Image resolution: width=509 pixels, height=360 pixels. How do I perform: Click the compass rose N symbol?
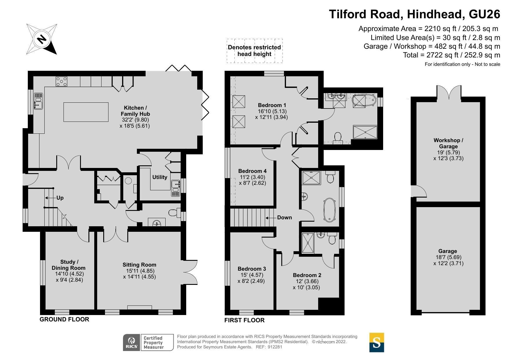(x=41, y=39)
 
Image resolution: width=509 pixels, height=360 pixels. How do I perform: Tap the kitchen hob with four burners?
(x=61, y=81)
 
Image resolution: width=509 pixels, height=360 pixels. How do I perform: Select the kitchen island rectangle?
(x=86, y=112)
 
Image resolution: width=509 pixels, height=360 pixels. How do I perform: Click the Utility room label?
(x=160, y=177)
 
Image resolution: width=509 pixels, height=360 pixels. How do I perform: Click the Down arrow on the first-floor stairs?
(x=270, y=218)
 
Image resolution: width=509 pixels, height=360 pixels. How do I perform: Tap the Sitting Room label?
(x=139, y=265)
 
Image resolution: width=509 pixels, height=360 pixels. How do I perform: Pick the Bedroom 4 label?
(x=252, y=171)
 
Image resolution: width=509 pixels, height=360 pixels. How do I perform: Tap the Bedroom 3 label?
(x=251, y=269)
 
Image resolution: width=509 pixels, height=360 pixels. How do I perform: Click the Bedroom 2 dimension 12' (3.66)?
(x=307, y=281)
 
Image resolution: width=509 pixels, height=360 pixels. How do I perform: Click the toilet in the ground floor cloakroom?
(x=173, y=213)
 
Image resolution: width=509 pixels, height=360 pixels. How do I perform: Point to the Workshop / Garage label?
(x=448, y=143)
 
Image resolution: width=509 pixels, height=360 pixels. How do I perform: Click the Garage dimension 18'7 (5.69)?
(x=448, y=257)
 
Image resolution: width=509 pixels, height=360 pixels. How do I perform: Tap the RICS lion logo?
(x=132, y=342)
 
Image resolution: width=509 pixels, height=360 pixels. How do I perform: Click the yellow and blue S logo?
(x=376, y=342)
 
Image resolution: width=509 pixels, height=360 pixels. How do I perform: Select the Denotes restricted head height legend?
(x=254, y=51)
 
